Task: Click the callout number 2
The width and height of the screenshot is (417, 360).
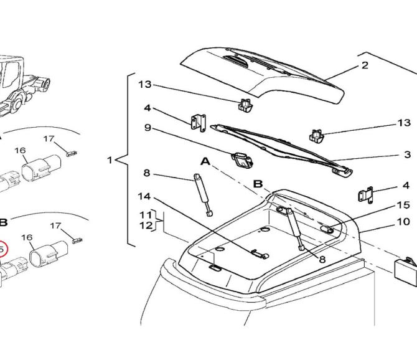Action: (365, 65)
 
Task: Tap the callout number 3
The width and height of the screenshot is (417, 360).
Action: (408, 154)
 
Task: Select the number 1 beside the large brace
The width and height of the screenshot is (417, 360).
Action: (110, 160)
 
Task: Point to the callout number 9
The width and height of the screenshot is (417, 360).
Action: (148, 128)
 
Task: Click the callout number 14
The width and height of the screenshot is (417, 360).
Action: (144, 196)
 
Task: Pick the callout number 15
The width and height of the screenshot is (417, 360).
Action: (403, 205)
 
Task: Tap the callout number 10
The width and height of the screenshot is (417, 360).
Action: (403, 221)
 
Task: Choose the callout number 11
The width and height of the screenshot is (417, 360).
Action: (146, 215)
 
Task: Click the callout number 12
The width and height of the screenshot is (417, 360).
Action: (146, 225)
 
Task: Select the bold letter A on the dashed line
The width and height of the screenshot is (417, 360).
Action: (205, 161)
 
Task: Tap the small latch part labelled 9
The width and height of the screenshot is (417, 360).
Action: (242, 160)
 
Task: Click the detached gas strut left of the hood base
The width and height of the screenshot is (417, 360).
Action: (203, 195)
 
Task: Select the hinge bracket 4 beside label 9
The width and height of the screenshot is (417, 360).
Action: (199, 122)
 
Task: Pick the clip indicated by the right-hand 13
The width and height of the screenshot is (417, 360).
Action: (316, 136)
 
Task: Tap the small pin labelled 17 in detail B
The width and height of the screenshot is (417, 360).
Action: (78, 240)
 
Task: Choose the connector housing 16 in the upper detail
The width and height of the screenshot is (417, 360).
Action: (41, 168)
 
